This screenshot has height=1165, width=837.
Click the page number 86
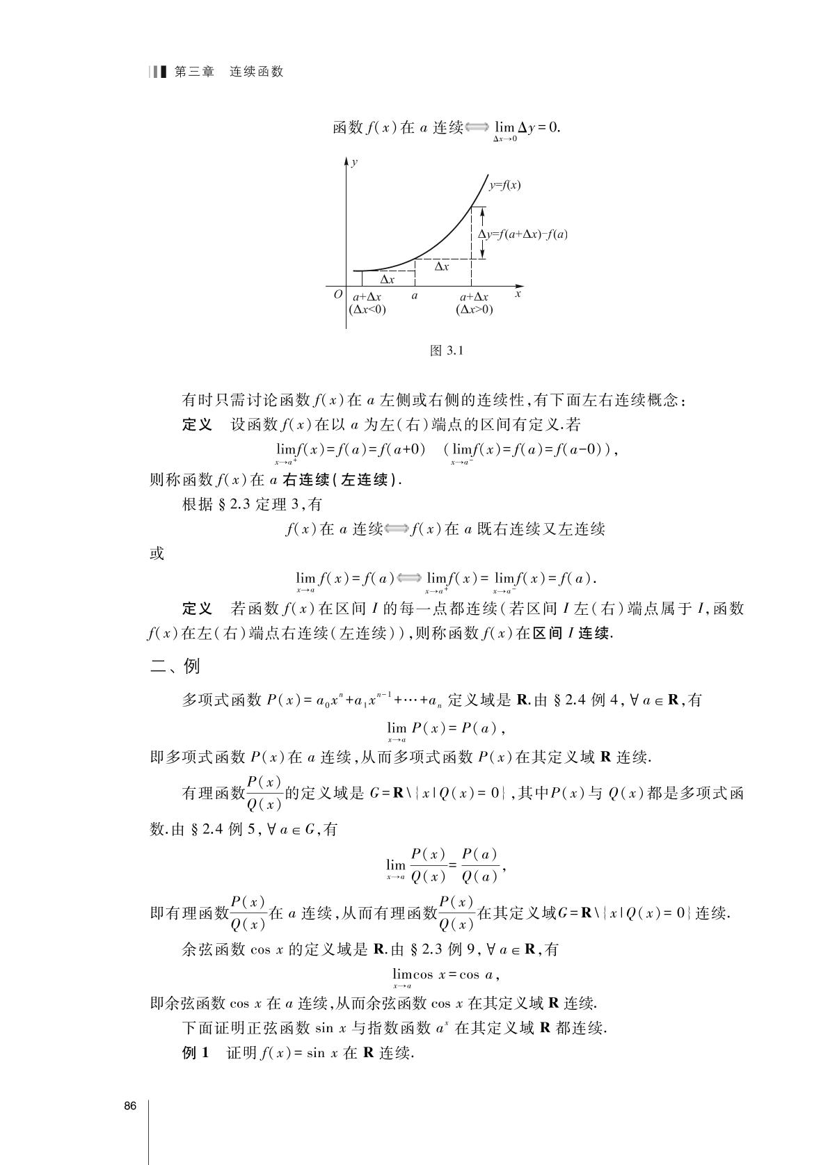[130, 1106]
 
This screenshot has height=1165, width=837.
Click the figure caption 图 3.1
[447, 351]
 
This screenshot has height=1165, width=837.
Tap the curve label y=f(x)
[505, 185]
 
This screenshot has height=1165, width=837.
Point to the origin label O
[338, 295]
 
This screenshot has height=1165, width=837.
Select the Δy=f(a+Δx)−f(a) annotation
[523, 234]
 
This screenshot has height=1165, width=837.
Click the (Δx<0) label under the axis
[367, 310]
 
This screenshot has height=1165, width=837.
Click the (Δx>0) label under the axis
[475, 310]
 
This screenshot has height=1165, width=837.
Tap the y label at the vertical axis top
[355, 162]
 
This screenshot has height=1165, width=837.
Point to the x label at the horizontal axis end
[518, 295]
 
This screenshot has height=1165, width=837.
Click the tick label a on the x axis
[415, 296]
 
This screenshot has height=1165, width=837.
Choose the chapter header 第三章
[194, 72]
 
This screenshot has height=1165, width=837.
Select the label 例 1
[196, 1053]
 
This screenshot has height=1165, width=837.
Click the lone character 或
[157, 554]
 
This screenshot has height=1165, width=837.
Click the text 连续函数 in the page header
[257, 72]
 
